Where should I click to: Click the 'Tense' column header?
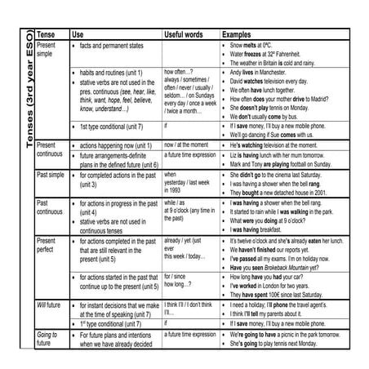pyautogui.click(x=47, y=35)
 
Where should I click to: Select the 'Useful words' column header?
pyautogui.click(x=184, y=35)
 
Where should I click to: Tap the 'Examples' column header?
pyautogui.click(x=240, y=35)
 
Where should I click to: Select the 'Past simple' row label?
pyautogui.click(x=53, y=175)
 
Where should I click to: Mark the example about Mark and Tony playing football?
pyautogui.click(x=281, y=163)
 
